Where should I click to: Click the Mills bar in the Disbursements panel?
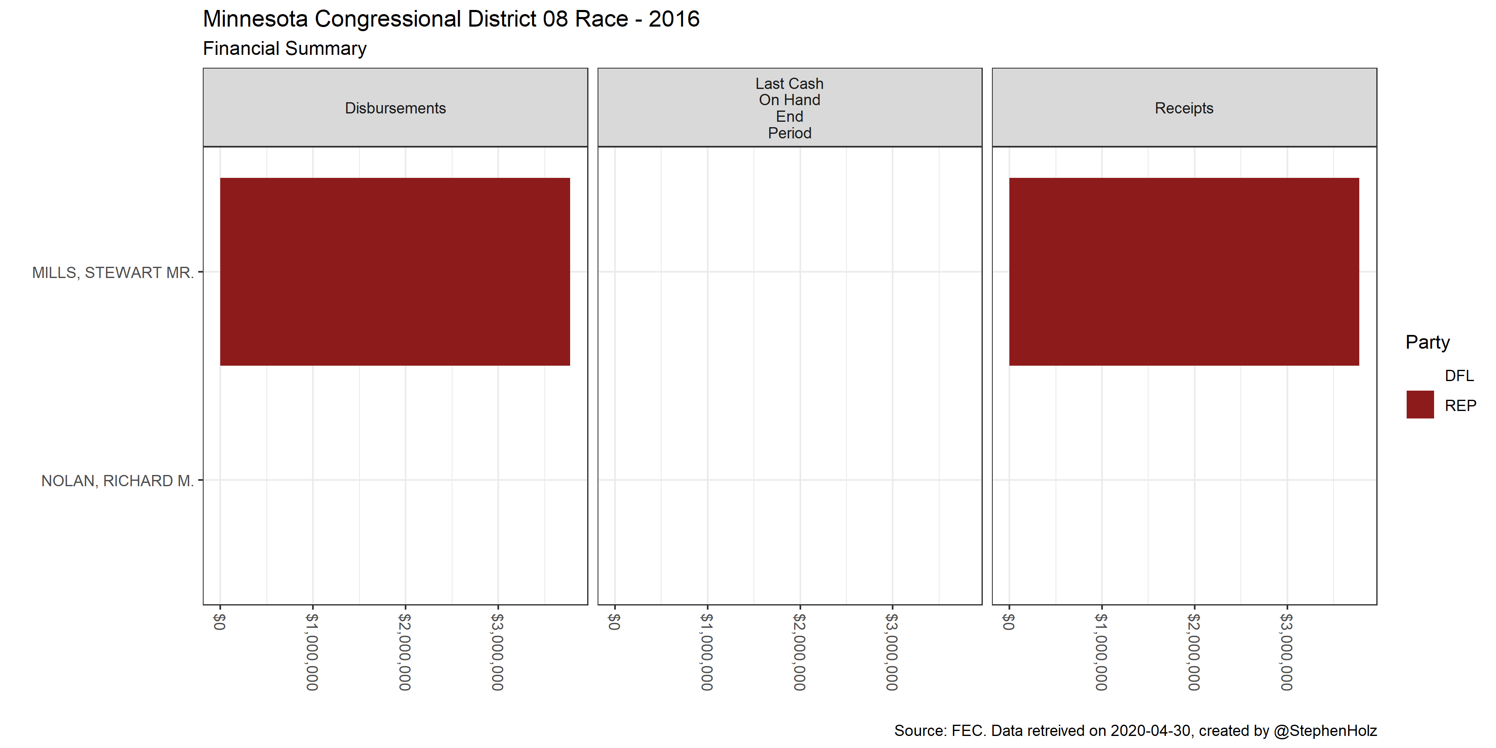(x=395, y=271)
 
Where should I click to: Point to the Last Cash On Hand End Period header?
(x=789, y=108)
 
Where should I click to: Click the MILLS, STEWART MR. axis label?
(x=113, y=272)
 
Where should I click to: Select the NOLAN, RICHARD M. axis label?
(x=117, y=481)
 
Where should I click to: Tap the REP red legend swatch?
(x=1420, y=405)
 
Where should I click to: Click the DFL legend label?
(x=1459, y=376)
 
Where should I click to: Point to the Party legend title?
(x=1427, y=342)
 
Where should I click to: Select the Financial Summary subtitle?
(x=285, y=48)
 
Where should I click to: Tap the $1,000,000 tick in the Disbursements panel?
(x=312, y=652)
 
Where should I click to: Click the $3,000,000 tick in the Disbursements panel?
(x=498, y=652)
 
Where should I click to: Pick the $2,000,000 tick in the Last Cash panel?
(x=800, y=652)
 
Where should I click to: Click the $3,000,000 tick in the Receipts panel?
(x=1287, y=652)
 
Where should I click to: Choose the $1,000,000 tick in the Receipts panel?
(x=1101, y=652)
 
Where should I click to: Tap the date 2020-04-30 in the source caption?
(x=1150, y=731)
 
